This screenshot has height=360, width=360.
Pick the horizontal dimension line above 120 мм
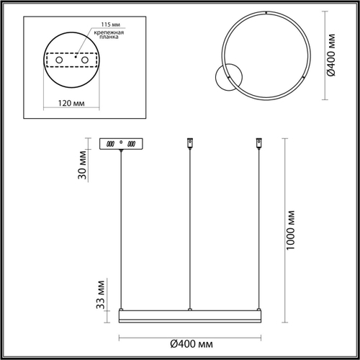[x=70, y=95]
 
